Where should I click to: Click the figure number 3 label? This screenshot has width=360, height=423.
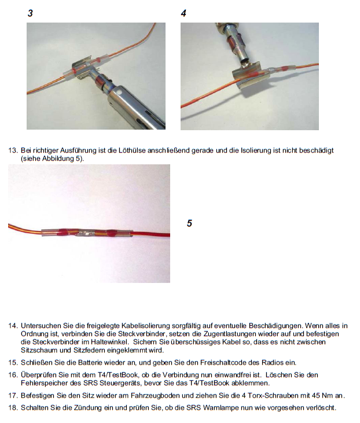coord(30,13)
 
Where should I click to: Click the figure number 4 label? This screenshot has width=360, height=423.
coord(183,13)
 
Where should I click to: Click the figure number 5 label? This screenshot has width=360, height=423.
coord(189,223)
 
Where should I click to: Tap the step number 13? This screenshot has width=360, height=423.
coord(13,150)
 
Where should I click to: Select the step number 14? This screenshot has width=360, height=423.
coord(13,326)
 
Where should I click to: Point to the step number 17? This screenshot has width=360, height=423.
coord(13,396)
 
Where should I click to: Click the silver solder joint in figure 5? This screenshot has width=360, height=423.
coord(85,232)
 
